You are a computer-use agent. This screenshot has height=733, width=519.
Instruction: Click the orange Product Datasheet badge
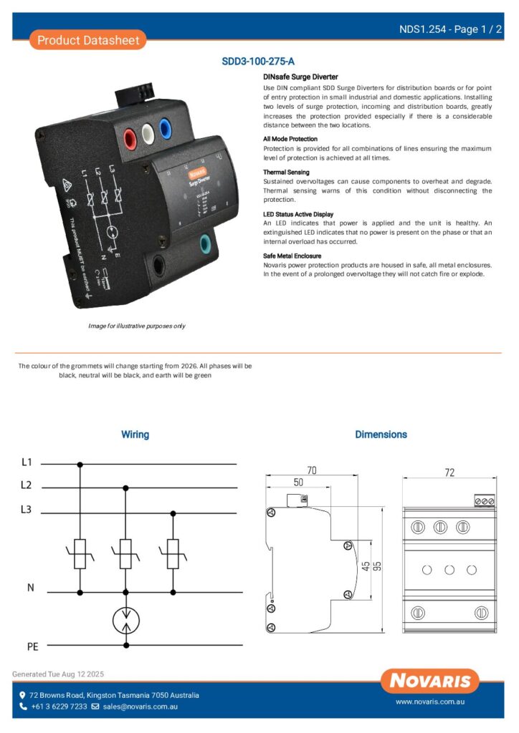pos(88,40)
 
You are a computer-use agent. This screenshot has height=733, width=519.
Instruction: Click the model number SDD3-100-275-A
pos(259,62)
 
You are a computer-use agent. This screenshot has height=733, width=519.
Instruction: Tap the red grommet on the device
pos(132,136)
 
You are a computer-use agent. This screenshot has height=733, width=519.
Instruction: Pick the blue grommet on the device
pos(166,130)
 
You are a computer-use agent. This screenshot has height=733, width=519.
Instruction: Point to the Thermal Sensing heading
pos(287,173)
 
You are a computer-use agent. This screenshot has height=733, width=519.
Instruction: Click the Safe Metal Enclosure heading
pos(292,256)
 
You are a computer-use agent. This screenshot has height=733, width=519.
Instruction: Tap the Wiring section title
pos(135,435)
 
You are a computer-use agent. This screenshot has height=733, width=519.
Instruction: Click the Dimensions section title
pos(381,435)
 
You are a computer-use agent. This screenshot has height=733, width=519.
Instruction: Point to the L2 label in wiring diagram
pos(27,485)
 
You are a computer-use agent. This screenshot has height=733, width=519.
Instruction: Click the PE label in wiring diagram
pos(32,646)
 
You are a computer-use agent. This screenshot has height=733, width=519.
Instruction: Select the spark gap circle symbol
pos(126,620)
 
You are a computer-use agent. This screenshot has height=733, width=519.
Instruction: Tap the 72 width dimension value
pos(449,472)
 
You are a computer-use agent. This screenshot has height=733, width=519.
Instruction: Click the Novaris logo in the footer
pos(430,680)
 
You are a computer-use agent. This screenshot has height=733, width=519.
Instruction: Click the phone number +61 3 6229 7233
pos(59,707)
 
